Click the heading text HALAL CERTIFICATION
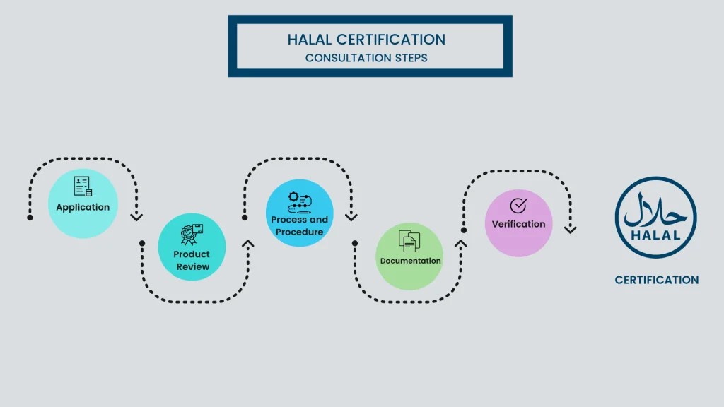[366, 40]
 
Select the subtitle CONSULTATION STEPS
[366, 58]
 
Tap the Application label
[83, 207]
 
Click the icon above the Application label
[83, 187]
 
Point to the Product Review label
[192, 260]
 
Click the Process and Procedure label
[300, 225]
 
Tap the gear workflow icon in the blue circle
[299, 202]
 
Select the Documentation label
[410, 261]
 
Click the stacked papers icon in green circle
[409, 241]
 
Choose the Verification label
[519, 224]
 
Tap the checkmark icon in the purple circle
[518, 205]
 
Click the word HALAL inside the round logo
[655, 235]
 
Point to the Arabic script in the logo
[655, 210]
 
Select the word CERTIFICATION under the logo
[656, 280]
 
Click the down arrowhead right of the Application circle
[136, 217]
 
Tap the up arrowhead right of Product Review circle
[247, 244]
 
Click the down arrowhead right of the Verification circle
[570, 229]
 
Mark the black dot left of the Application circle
[30, 218]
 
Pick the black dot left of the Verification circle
[464, 230]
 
